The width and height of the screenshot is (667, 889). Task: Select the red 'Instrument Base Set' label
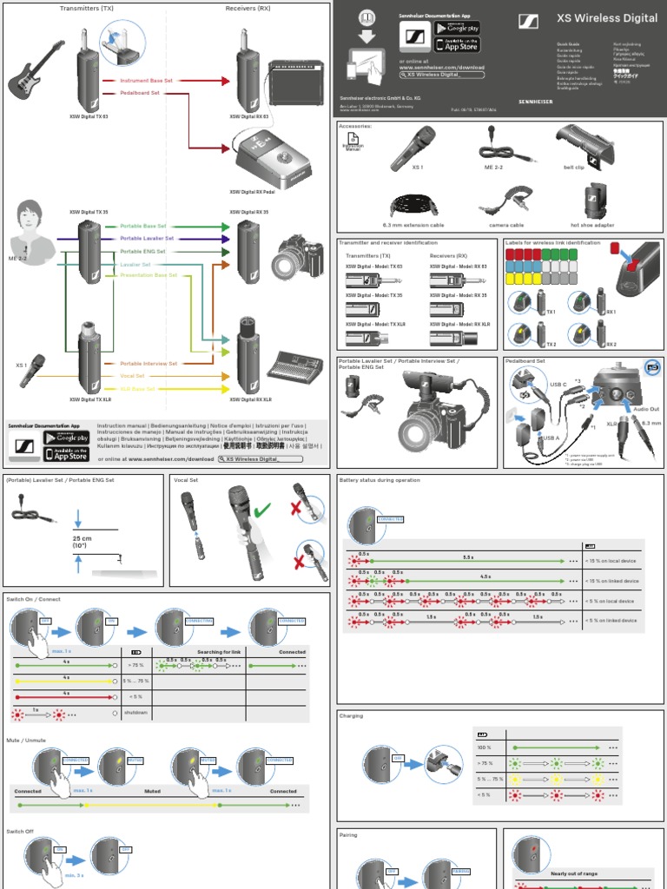[147, 80]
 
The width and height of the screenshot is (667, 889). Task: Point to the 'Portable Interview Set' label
[149, 364]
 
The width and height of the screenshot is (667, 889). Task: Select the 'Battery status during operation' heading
[379, 480]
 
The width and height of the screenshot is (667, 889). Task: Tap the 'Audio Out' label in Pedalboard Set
[645, 408]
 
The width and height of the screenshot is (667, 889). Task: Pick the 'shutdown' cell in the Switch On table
[135, 712]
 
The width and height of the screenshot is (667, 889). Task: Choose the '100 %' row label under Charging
[484, 747]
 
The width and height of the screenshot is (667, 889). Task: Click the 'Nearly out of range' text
[572, 874]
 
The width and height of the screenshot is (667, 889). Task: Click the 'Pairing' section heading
[348, 835]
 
